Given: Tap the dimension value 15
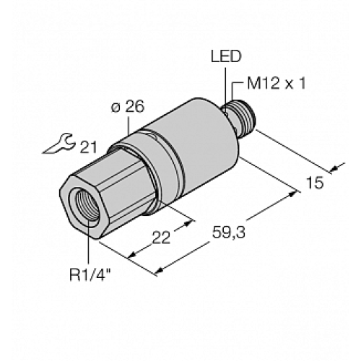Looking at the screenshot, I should click(x=315, y=185).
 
